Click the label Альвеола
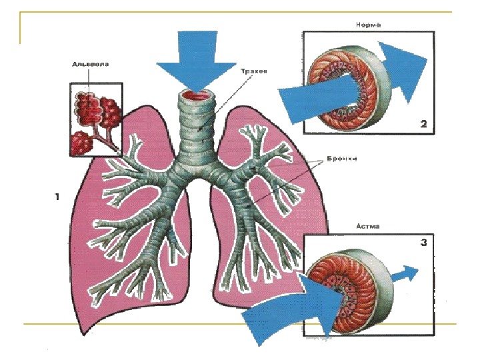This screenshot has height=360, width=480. click(91, 65)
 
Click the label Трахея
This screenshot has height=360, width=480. click(253, 71)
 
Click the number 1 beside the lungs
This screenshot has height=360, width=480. click(57, 197)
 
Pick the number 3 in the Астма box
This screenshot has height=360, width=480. click(423, 243)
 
